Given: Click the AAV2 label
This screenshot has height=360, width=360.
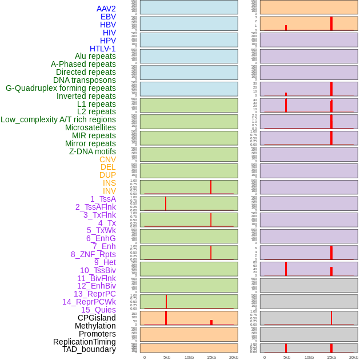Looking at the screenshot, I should click(x=106, y=9).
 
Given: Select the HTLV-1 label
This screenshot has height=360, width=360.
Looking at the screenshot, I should click(x=103, y=49).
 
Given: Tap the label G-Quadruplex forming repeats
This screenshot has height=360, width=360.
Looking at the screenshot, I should click(x=61, y=88).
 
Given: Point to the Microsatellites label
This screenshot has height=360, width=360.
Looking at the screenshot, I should click(x=90, y=127).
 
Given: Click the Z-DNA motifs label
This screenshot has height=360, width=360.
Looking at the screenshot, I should click(x=93, y=151).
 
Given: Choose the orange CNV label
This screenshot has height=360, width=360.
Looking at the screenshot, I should click(x=107, y=159).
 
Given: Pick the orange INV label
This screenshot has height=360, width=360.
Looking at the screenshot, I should click(x=109, y=191).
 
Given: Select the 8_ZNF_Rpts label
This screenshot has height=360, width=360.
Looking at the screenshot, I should click(x=93, y=254).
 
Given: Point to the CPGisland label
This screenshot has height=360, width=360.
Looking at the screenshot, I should click(x=97, y=318).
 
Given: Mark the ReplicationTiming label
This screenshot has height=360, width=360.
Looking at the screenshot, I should click(x=85, y=342).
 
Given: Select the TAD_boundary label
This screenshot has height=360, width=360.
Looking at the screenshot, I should click(x=89, y=349).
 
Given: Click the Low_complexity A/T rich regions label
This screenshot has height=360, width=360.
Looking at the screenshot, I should click(x=58, y=119).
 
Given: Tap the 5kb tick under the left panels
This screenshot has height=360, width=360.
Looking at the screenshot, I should click(x=167, y=357).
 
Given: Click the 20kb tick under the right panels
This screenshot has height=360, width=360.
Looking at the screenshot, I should click(x=354, y=357).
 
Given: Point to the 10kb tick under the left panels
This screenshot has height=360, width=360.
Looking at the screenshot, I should click(x=189, y=357).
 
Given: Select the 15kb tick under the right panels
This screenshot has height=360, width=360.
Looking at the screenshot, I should click(x=331, y=357).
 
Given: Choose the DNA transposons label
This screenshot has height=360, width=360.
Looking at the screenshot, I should click(x=85, y=80).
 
